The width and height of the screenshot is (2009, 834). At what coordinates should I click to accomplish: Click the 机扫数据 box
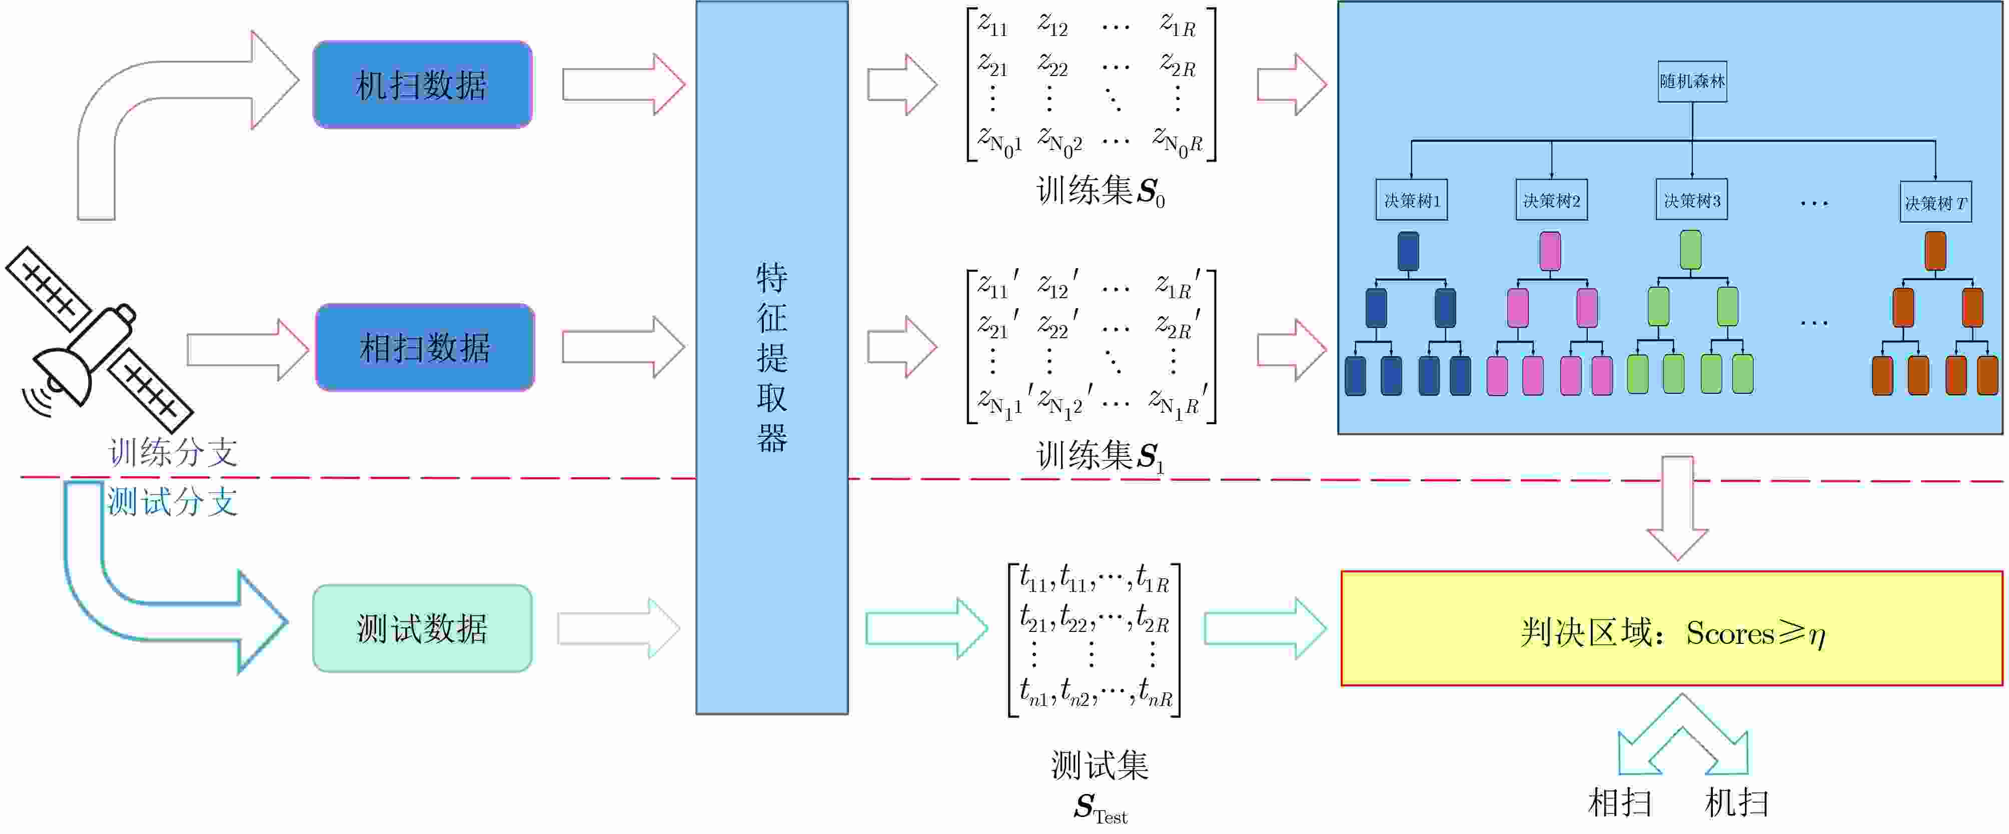[x=422, y=84]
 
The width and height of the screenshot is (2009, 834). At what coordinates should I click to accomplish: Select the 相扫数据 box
[x=425, y=347]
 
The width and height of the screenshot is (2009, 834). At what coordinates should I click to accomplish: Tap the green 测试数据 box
[x=422, y=628]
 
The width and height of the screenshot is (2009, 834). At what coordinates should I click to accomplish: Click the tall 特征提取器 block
[x=771, y=357]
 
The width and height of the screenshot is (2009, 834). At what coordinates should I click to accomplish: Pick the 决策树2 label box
[x=1551, y=201]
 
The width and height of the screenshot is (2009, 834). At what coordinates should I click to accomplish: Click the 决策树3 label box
[x=1691, y=201]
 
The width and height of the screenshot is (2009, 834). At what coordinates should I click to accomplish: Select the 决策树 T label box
[x=1935, y=203]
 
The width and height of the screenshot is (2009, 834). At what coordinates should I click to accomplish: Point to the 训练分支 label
[x=173, y=452]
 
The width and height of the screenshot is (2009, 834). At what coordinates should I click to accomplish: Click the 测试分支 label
[x=172, y=502]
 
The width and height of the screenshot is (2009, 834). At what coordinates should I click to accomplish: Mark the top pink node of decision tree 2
[x=1550, y=251]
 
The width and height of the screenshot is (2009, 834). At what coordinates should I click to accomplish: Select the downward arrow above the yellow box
[x=1677, y=507]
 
